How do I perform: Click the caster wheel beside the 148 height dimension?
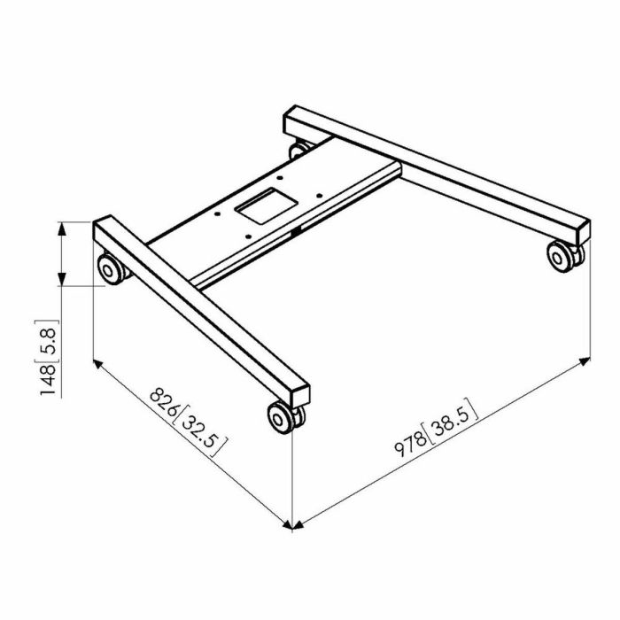pos(111,267)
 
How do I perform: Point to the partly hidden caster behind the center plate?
pos(301,148)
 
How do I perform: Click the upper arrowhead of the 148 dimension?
pos(62,228)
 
